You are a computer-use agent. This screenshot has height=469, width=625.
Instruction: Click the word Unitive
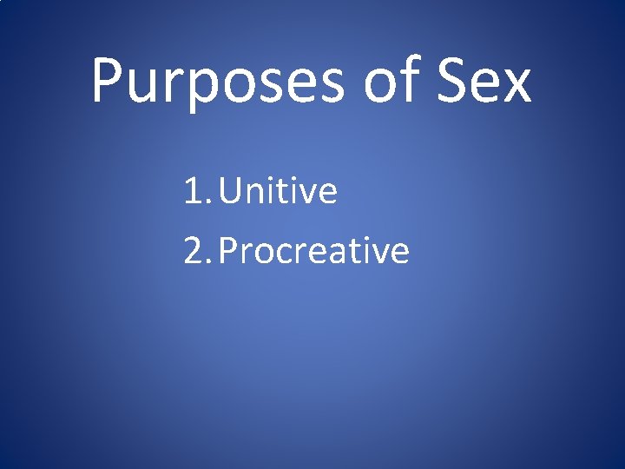[278, 191]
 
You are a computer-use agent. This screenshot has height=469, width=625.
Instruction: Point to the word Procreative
[313, 251]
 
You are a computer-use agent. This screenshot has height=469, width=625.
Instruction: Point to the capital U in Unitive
[233, 192]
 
